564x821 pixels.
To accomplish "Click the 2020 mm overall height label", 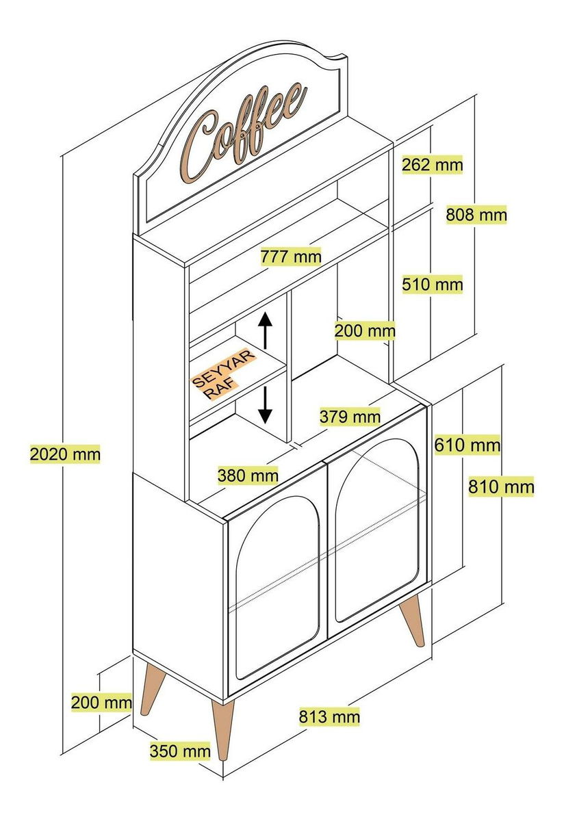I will click(65, 454).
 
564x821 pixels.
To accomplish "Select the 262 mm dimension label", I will click(432, 165).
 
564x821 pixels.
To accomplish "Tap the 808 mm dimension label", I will click(476, 215).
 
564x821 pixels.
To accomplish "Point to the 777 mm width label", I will click(291, 257).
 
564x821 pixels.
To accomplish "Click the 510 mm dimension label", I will click(432, 283).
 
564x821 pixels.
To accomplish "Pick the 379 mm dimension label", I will click(349, 416).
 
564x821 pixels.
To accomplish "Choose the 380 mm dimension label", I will click(248, 474).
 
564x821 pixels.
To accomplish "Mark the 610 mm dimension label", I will click(467, 446).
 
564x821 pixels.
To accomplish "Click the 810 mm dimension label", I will click(501, 487).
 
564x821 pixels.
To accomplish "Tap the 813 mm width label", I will click(329, 717).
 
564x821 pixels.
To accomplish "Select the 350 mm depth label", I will click(180, 751).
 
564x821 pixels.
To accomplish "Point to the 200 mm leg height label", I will click(101, 702).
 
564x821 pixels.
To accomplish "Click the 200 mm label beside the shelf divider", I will click(365, 331).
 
